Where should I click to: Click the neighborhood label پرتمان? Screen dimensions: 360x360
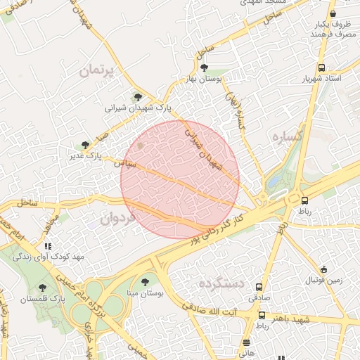(x=96, y=71)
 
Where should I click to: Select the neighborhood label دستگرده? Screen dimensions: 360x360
(x=220, y=285)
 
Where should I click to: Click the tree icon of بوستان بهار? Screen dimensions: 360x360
(x=204, y=68)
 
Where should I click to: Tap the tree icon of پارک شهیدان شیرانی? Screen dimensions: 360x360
(x=137, y=98)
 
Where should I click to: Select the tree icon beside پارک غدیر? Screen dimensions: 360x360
(x=86, y=145)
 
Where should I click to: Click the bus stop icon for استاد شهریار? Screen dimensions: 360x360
(x=321, y=67)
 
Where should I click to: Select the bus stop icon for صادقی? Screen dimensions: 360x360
(x=259, y=287)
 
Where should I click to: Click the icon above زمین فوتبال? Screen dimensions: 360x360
(x=323, y=269)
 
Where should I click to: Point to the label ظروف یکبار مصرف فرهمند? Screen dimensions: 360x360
(x=333, y=29)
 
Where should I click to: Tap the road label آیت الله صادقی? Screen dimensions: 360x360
(x=211, y=309)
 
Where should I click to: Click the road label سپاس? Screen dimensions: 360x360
(x=125, y=162)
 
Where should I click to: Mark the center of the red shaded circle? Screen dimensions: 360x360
(x=180, y=179)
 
